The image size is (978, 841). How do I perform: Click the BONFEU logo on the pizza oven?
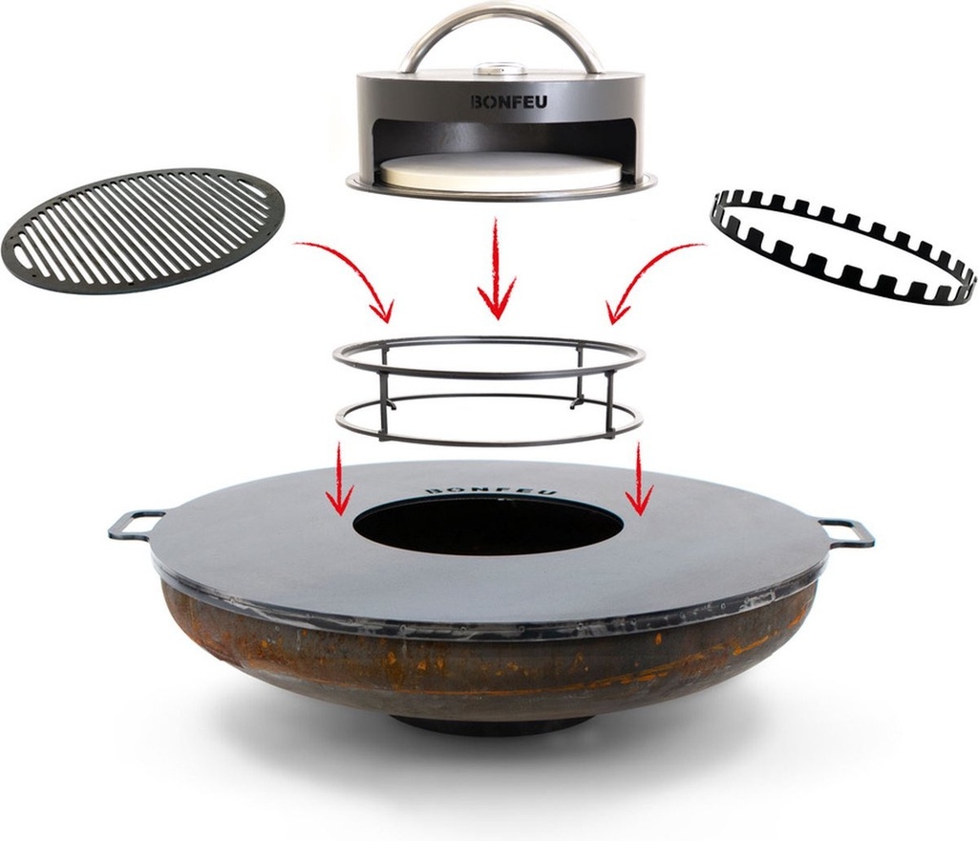509,100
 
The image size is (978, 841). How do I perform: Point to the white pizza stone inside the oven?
500,172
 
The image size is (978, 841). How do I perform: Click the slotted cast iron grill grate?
143,229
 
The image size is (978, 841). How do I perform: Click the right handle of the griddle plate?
848,532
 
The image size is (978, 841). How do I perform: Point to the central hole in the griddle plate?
489,526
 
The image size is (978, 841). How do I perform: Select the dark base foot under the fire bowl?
492,723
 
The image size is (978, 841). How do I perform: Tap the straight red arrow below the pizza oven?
496,268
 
